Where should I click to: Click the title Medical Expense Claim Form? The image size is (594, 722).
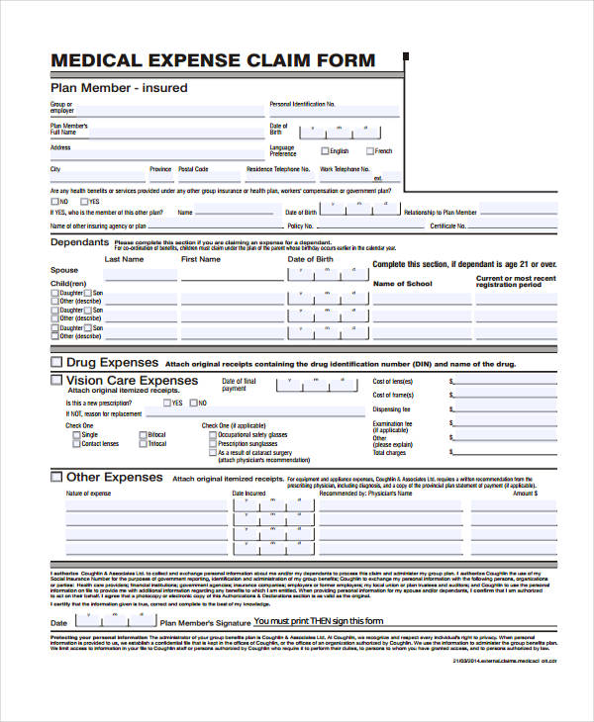click(213, 61)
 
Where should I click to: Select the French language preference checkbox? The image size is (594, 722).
click(370, 151)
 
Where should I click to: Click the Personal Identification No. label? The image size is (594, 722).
click(302, 104)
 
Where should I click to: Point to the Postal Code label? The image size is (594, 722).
click(194, 169)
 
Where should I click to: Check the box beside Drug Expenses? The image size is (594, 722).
click(56, 363)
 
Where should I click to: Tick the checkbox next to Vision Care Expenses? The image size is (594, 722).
click(56, 381)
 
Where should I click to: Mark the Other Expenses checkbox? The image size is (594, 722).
click(56, 477)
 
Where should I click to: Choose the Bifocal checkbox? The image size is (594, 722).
click(142, 435)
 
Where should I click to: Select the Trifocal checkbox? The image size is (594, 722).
click(142, 444)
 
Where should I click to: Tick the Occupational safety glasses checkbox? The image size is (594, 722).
click(211, 435)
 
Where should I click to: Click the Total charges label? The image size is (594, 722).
click(390, 452)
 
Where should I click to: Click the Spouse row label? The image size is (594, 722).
click(64, 270)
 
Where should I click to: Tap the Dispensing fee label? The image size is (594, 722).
click(392, 409)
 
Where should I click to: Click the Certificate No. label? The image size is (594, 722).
click(447, 226)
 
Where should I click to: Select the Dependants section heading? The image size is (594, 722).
click(79, 242)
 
